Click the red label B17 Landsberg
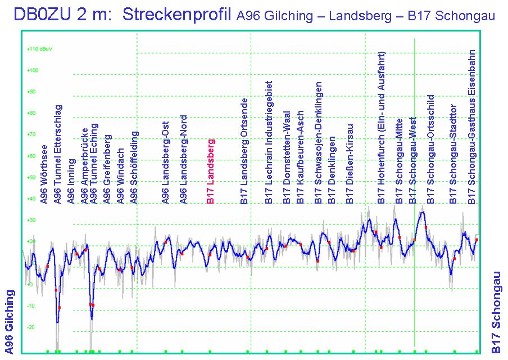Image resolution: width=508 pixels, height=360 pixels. point(211,171)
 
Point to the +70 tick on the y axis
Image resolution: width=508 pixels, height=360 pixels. point(31,134)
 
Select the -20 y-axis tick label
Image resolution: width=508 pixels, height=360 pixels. point(31,327)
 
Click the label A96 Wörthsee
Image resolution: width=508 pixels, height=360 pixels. point(44,174)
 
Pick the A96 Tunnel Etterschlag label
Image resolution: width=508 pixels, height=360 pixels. point(57,154)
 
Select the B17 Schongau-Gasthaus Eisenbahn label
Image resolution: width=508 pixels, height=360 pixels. point(473,127)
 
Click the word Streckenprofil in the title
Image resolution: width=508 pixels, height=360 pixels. point(176,15)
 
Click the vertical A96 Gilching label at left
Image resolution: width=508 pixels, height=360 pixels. point(10,318)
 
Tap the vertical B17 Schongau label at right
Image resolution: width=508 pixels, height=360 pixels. point(496,312)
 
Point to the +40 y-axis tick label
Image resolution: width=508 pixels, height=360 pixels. point(31,199)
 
